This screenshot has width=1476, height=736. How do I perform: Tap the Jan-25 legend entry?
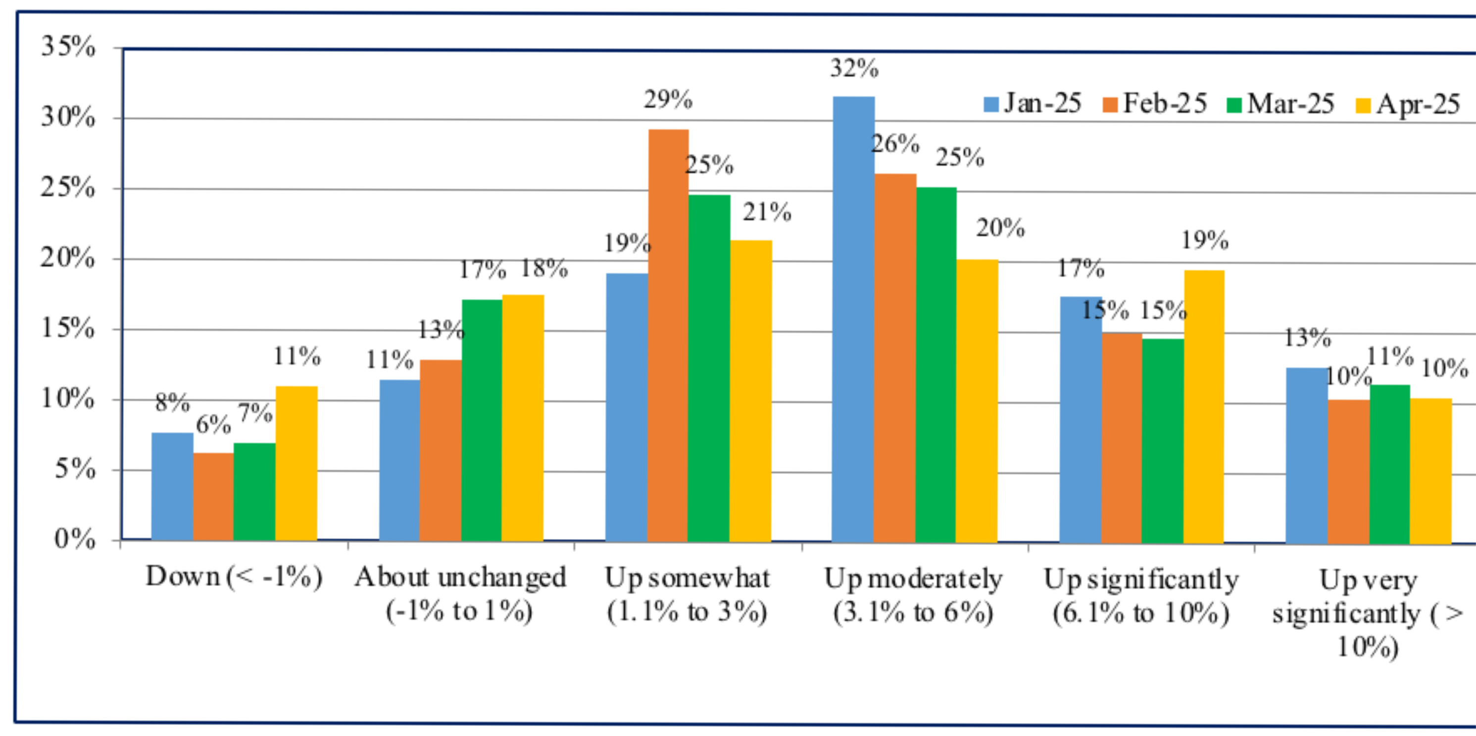(x=1032, y=103)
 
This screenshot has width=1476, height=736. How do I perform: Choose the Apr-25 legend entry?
(x=1408, y=105)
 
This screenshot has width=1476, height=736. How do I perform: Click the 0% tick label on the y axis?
(x=74, y=539)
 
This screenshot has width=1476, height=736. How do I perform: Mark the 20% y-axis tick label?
(x=68, y=258)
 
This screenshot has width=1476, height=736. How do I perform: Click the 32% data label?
(x=854, y=69)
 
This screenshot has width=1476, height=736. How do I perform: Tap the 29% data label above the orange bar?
(x=668, y=100)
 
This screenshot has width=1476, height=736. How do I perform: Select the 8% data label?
(x=172, y=403)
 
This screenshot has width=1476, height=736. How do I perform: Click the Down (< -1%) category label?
(x=234, y=577)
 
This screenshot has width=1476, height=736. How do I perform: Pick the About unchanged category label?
(x=460, y=594)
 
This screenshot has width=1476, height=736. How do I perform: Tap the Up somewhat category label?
(x=687, y=595)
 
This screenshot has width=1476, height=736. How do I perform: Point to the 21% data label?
(x=767, y=212)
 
